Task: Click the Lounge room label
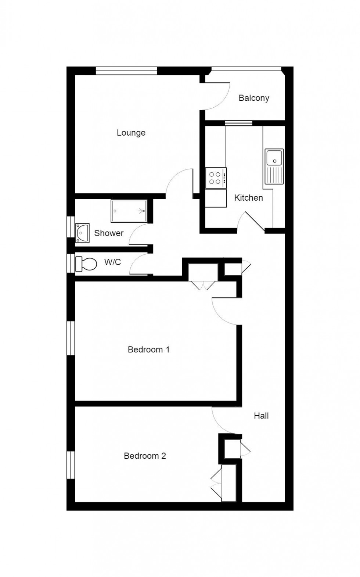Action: pyautogui.click(x=131, y=133)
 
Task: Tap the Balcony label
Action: pyautogui.click(x=254, y=98)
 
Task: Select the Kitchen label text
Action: pyautogui.click(x=249, y=198)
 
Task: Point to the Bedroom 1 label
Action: pyautogui.click(x=148, y=350)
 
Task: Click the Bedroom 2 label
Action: pyautogui.click(x=145, y=456)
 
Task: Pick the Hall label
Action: pyautogui.click(x=261, y=416)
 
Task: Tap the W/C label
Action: pyautogui.click(x=112, y=262)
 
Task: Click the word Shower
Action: pyautogui.click(x=109, y=233)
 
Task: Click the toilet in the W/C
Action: pyautogui.click(x=86, y=264)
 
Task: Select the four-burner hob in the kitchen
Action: pyautogui.click(x=216, y=178)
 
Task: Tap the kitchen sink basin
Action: pyautogui.click(x=274, y=158)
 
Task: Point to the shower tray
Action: pyautogui.click(x=129, y=211)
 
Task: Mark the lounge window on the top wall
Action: pyautogui.click(x=126, y=71)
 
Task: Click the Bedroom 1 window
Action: pyautogui.click(x=71, y=338)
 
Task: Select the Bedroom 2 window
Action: pyautogui.click(x=71, y=465)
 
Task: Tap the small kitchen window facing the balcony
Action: pyautogui.click(x=238, y=123)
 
